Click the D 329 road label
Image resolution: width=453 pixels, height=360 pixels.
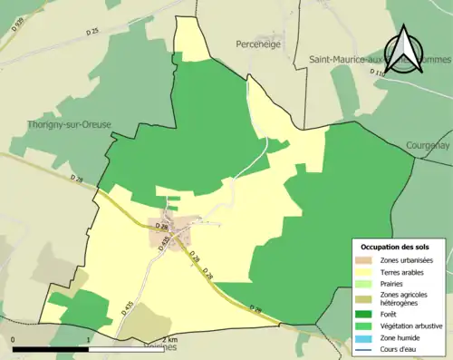point(17,26)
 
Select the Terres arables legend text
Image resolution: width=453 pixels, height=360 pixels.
point(402,272)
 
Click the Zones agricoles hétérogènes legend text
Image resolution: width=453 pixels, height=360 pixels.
point(404,297)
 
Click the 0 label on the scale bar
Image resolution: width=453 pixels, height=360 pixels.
point(14,339)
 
